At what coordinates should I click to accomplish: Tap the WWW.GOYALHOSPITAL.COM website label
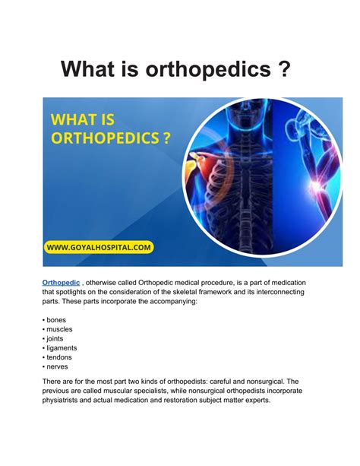(98, 246)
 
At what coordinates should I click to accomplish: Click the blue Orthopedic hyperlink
(61, 282)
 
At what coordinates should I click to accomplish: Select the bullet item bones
(56, 320)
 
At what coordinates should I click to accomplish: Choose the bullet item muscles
(59, 330)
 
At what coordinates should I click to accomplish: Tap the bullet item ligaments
(62, 348)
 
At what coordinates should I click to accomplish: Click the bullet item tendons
(59, 357)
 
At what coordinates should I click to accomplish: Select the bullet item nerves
(58, 366)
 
